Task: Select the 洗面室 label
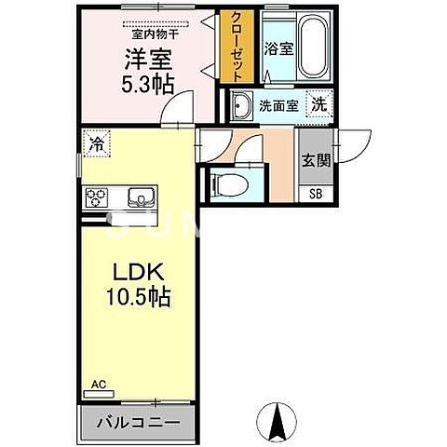[278, 106]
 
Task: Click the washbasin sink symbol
[241, 106]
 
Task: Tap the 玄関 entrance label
[312, 158]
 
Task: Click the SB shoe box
[312, 195]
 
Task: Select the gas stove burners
[97, 196]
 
